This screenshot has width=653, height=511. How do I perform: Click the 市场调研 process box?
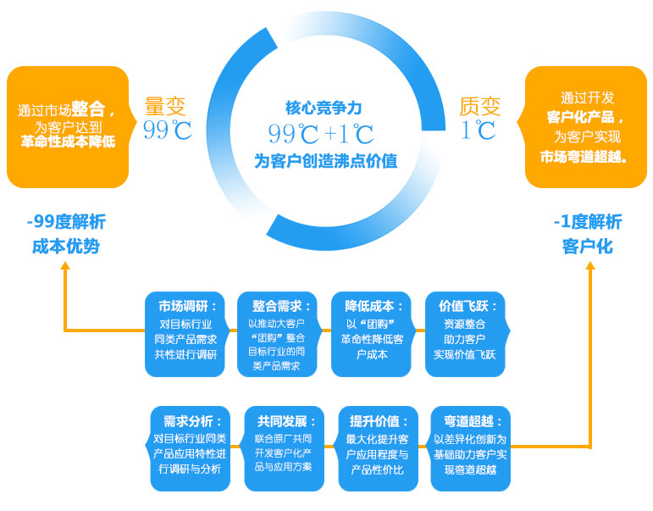186,333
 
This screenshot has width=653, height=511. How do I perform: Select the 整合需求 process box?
279,333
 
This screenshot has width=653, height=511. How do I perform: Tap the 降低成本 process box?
373,333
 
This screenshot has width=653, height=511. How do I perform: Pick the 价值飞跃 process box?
467,333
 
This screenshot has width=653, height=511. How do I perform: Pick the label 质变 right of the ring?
479,106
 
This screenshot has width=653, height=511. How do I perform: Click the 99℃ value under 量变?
167,131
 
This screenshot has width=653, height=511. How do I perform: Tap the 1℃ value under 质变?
479,131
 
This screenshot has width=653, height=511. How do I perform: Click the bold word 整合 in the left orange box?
88,108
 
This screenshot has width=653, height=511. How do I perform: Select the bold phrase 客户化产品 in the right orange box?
584,117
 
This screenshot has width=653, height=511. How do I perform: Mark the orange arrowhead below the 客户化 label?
589,265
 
